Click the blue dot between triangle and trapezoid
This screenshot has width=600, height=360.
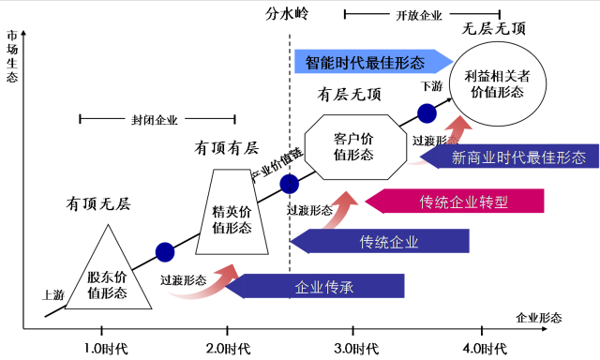tap(165, 251)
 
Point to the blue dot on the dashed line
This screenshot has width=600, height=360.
tap(289, 183)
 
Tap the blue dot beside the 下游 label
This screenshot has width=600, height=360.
tap(427, 112)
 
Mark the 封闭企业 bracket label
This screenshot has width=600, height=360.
tap(155, 119)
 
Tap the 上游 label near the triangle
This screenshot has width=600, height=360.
tap(52, 293)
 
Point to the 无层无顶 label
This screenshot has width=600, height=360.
tap(494, 30)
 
